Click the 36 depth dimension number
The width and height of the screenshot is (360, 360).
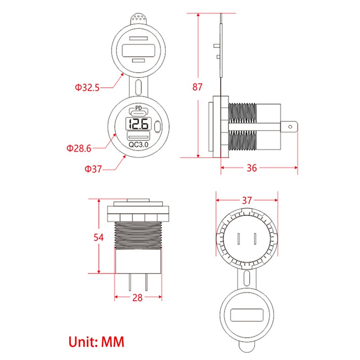click(252, 168)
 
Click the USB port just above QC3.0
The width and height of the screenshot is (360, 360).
click(138, 137)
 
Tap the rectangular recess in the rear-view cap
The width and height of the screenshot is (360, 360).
click(247, 315)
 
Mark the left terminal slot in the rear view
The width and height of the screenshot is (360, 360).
click(239, 239)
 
